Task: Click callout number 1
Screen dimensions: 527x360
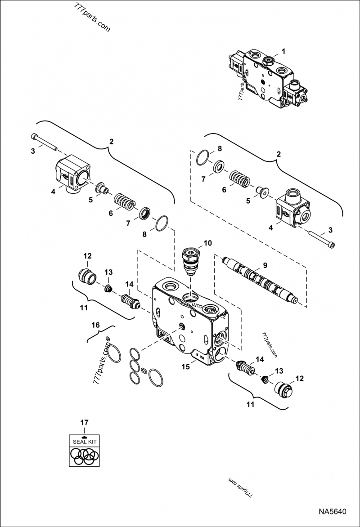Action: tap(284, 50)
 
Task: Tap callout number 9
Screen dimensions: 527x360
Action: tap(265, 265)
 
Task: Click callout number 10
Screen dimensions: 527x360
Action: tap(207, 243)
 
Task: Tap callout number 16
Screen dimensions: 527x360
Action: tap(95, 325)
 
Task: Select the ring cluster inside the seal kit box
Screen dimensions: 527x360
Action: tap(84, 456)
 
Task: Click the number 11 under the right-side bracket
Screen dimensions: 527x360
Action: tap(250, 404)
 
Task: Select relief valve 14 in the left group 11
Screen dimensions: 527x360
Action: tap(130, 301)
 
